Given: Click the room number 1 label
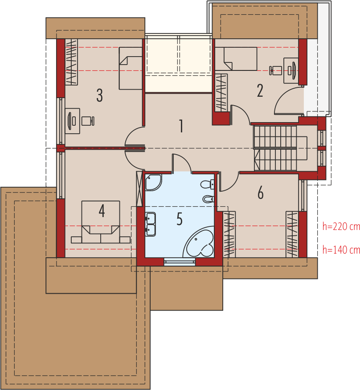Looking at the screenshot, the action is pos(181,126).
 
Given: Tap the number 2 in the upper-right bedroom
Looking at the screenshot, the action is pos(260,90).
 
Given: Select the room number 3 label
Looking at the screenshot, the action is pos(99,95).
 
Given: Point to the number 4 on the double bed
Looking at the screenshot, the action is pos(102,211).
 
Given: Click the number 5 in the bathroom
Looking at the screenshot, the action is pos(180,219).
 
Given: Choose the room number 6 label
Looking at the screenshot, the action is pos(260,193).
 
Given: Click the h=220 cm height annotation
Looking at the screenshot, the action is pos(341,226).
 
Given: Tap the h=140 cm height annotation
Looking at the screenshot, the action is pos(341,250).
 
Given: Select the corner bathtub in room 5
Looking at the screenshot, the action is pos(199,242).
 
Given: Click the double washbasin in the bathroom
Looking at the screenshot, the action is pos(151,224).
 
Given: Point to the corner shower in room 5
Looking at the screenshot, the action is pos(153,182).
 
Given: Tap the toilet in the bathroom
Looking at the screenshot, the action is pos(207,185).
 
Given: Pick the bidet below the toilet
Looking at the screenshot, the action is pos(209,199).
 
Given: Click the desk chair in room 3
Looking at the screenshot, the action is pos(88,121).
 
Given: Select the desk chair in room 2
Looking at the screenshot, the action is pos(275,70).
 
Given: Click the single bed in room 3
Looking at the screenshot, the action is pos(131,68).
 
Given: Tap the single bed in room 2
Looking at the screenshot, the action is pos(236,59).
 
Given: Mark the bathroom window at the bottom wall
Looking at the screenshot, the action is pos(180,262).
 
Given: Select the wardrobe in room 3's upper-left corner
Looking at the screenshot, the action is pos(71,62).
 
